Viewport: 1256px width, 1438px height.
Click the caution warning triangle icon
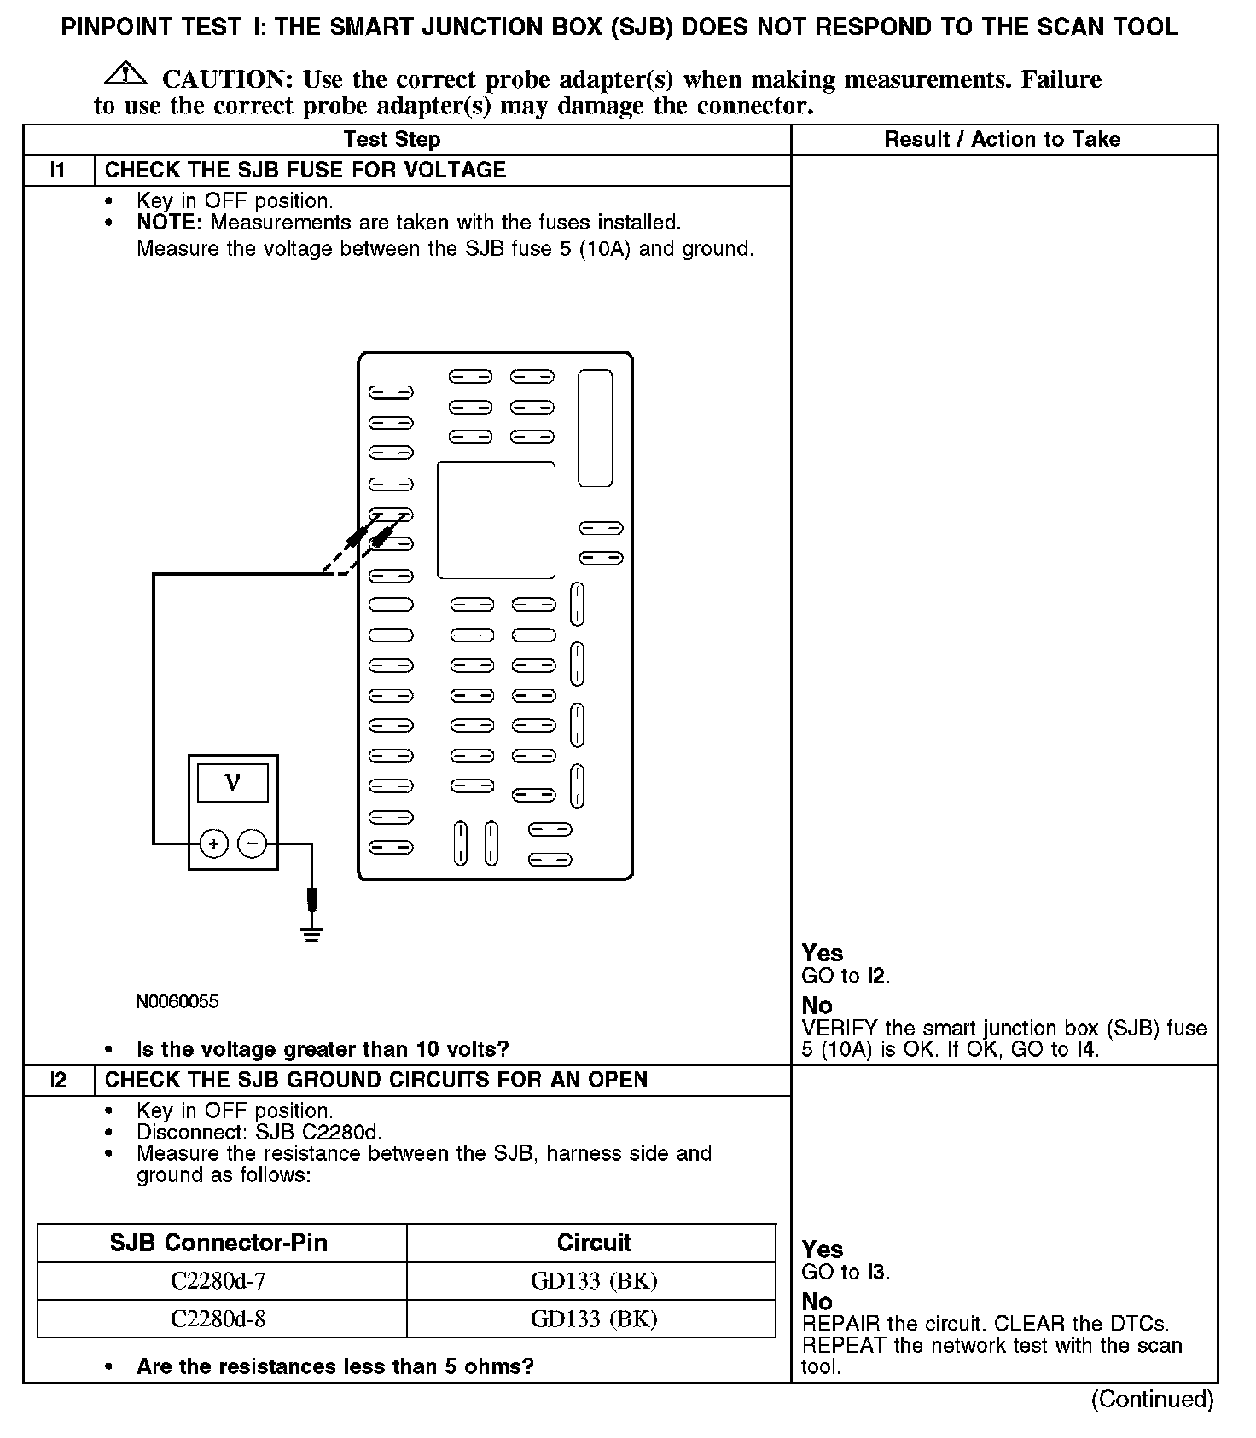[125, 74]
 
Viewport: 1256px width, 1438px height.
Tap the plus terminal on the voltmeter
[213, 844]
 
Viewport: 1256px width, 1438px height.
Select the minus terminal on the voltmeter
[252, 844]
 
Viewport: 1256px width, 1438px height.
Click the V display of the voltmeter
[232, 782]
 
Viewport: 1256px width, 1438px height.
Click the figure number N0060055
[177, 1001]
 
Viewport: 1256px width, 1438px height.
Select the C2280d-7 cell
[218, 1280]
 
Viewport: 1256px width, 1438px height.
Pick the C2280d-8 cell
[218, 1319]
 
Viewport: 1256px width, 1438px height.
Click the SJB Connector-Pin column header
[218, 1243]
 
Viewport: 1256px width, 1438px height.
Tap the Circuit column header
[594, 1243]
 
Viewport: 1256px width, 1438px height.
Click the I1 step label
[58, 170]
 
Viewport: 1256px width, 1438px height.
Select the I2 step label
[58, 1080]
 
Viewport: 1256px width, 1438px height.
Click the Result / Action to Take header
[1003, 140]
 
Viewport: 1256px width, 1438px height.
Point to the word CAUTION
[228, 79]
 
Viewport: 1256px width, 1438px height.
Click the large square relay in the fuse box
[496, 520]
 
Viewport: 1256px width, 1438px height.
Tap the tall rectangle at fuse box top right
[596, 428]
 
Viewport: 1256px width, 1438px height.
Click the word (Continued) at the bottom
[1152, 1400]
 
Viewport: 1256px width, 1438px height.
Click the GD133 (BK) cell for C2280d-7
[594, 1280]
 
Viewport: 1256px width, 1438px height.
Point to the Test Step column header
[392, 140]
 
